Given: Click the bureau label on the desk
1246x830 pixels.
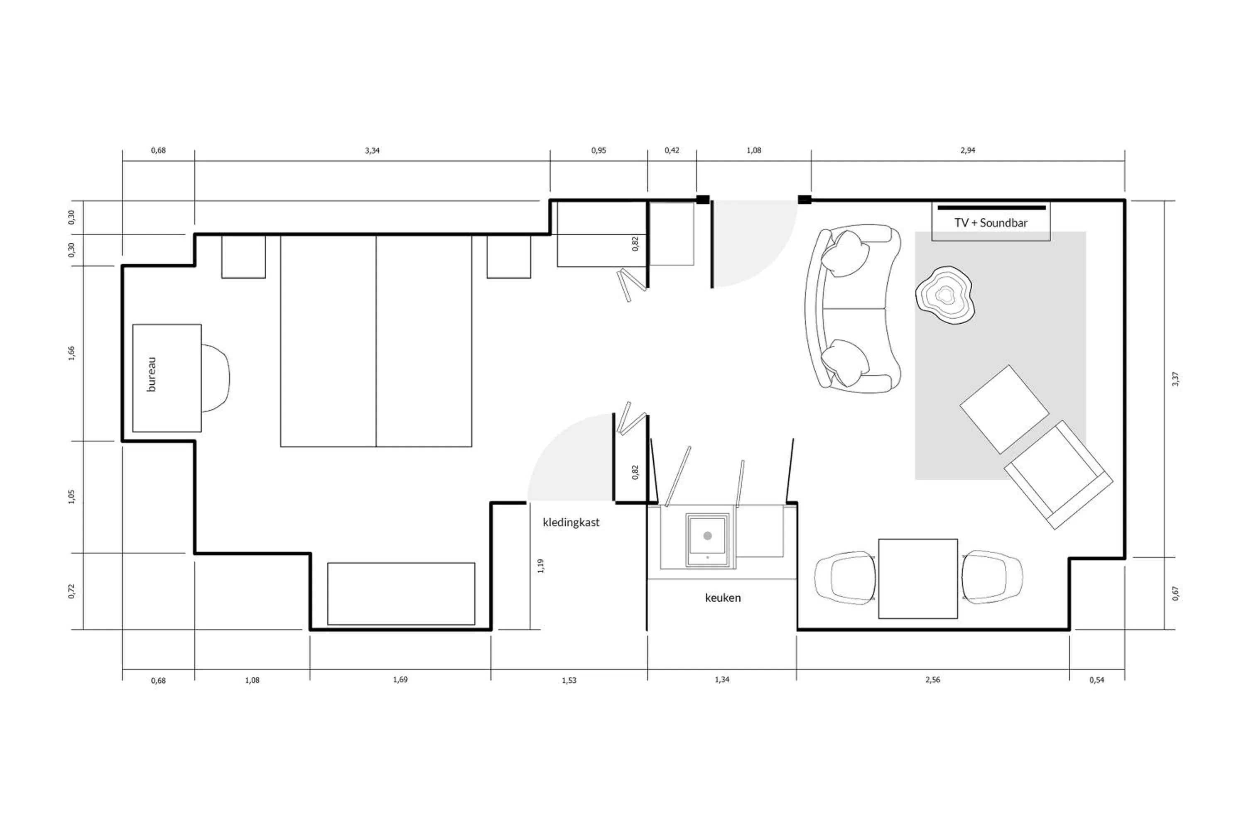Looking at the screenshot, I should click(152, 374).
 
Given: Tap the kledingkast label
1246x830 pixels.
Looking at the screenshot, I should click(571, 522).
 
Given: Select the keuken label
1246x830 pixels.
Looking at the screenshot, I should click(723, 598).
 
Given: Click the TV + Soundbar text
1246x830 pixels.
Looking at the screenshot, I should click(991, 223).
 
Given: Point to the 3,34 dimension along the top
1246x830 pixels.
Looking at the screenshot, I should click(372, 150).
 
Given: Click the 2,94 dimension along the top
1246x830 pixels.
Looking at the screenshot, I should click(967, 150).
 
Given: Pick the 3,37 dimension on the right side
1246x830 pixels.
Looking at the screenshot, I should click(1175, 378).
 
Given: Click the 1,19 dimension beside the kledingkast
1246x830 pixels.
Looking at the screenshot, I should click(540, 565).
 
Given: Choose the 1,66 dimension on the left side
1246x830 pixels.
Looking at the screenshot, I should click(71, 353).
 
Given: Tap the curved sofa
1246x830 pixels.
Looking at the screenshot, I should click(853, 309).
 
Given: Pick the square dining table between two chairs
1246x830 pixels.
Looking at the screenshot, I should click(917, 579).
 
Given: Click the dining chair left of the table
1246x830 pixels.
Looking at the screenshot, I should click(844, 578).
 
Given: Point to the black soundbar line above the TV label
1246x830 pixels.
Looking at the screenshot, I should click(991, 207).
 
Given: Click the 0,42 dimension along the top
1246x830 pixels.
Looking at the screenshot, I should click(672, 150).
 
